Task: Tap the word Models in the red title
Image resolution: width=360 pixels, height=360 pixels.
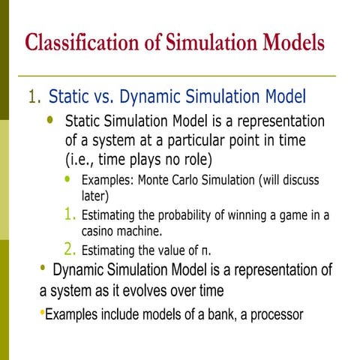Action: (x=292, y=43)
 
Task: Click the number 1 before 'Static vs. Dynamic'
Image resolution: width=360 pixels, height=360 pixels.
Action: (x=32, y=97)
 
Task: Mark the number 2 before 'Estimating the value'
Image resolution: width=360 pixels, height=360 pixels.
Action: (x=69, y=250)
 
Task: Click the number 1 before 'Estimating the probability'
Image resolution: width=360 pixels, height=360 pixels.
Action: (x=69, y=216)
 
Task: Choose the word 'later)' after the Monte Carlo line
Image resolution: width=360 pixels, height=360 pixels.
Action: (x=95, y=196)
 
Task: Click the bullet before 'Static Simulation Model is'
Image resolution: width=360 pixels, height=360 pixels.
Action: (x=50, y=120)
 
